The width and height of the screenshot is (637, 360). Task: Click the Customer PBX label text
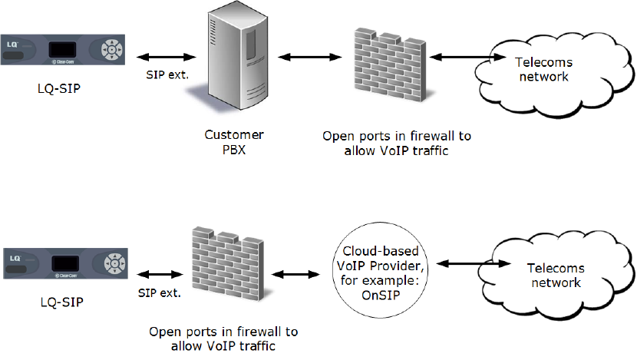click(x=228, y=143)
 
